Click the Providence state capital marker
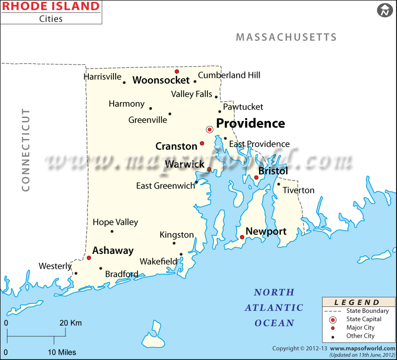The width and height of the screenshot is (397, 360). (209, 129)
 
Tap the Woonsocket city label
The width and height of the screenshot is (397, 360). (161, 80)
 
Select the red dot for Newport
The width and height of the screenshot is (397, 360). (242, 237)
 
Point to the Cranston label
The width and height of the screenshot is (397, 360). (176, 146)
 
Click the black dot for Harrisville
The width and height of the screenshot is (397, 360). (124, 82)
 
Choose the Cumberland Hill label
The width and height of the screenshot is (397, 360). (229, 75)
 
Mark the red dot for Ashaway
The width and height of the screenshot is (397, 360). (89, 258)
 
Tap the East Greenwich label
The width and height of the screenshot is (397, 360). (165, 186)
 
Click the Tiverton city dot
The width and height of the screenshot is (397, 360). (278, 184)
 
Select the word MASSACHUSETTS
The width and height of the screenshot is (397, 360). (286, 37)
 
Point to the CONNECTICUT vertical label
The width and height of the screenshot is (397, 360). (26, 150)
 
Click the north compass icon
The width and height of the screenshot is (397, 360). (384, 10)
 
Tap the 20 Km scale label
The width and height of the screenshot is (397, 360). (71, 323)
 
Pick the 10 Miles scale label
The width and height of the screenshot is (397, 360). (62, 352)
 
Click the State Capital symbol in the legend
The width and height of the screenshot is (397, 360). (332, 319)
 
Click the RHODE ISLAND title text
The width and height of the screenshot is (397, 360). (51, 6)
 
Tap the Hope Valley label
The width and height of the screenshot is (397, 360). (115, 222)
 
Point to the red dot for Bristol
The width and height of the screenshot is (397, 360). (257, 177)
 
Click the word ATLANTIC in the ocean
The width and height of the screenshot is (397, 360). (274, 307)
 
